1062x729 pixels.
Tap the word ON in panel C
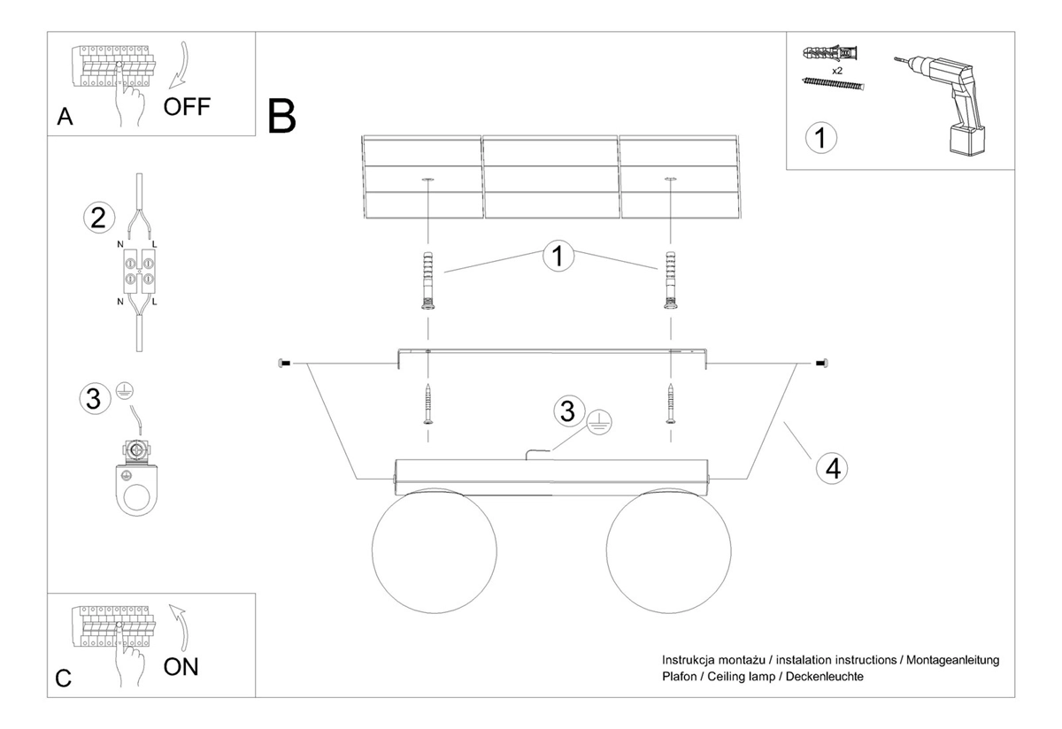[181, 665]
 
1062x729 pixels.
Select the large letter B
[281, 117]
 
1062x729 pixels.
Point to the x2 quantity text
[836, 68]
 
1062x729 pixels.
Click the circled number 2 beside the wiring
[98, 217]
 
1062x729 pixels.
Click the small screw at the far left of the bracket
[284, 363]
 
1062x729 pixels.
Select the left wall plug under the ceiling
[427, 280]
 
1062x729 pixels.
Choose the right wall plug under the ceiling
[670, 280]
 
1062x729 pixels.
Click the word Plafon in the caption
[679, 677]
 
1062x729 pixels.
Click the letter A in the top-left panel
[64, 118]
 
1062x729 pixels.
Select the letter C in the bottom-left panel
[63, 679]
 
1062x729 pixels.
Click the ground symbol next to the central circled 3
[599, 422]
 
